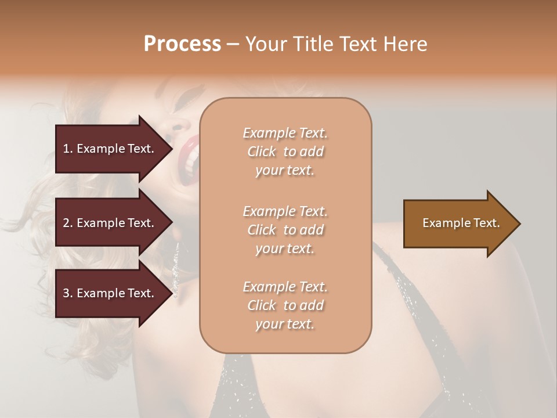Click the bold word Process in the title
182,44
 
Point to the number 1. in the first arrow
68,149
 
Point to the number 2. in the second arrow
68,223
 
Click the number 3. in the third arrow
68,293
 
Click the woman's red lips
190,154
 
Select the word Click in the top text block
262,152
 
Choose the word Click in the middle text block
262,230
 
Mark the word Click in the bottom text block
262,305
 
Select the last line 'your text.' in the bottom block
285,324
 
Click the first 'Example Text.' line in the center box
285,133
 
